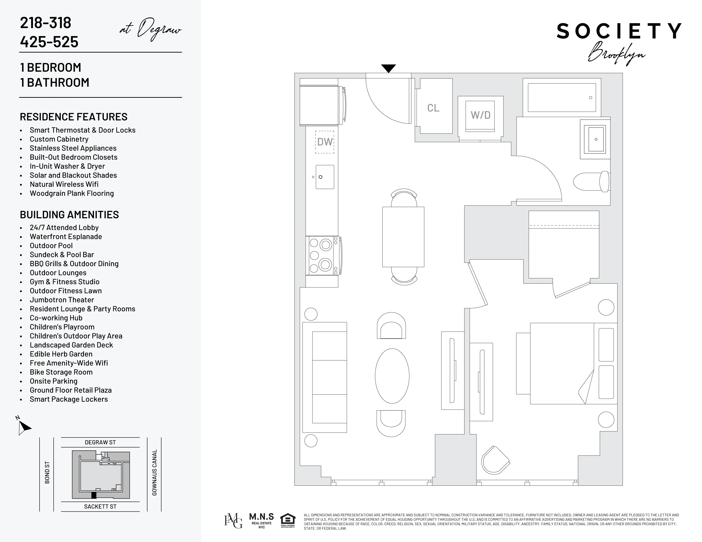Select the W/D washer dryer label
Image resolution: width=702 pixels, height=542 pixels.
point(481,115)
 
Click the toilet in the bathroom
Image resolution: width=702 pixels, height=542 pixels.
point(591,182)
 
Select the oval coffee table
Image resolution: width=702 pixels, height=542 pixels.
point(392,376)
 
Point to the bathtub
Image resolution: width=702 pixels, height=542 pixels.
point(562,98)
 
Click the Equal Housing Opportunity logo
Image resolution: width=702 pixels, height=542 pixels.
point(288,521)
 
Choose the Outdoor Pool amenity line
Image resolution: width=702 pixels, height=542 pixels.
point(51,246)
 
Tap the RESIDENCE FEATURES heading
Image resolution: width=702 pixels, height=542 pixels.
point(74,117)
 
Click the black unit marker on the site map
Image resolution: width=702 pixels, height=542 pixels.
point(94,495)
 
